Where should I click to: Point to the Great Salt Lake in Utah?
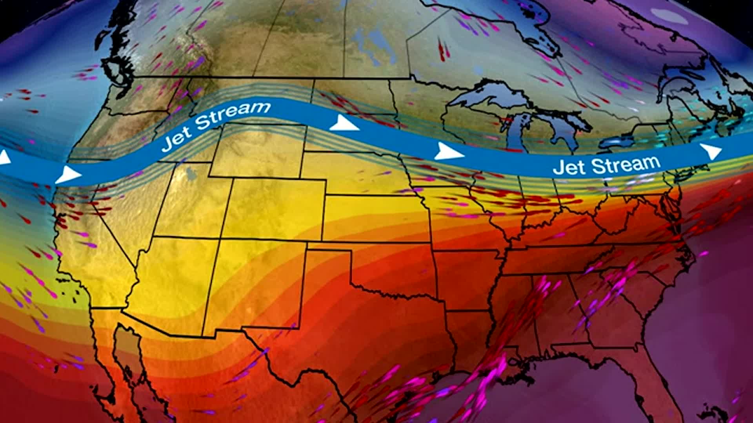coord(191,173)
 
